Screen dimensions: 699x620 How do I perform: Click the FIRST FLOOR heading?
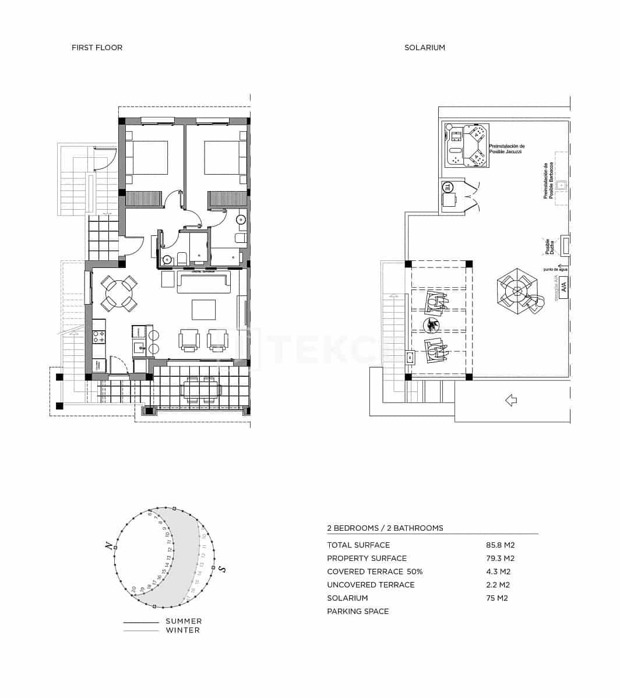(97, 48)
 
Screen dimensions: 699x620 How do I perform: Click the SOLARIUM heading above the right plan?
(424, 48)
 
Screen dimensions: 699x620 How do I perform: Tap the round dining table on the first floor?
(119, 294)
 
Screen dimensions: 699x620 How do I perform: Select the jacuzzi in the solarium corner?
(466, 145)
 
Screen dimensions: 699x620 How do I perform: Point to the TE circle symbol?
(448, 187)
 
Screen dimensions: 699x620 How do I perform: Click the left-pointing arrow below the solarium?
(511, 400)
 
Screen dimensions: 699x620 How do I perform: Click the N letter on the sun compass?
(108, 546)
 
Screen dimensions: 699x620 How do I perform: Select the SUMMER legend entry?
(184, 622)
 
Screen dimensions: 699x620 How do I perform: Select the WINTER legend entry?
(182, 630)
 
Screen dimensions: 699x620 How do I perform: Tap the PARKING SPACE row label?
(358, 612)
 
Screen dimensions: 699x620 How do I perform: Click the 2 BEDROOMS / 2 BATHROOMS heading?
(385, 528)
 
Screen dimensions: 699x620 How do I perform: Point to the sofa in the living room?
(203, 283)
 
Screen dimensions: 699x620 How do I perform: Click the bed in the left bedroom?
(147, 157)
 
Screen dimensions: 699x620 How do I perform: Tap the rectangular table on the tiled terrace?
(200, 390)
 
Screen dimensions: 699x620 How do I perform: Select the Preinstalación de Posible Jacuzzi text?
(506, 149)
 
